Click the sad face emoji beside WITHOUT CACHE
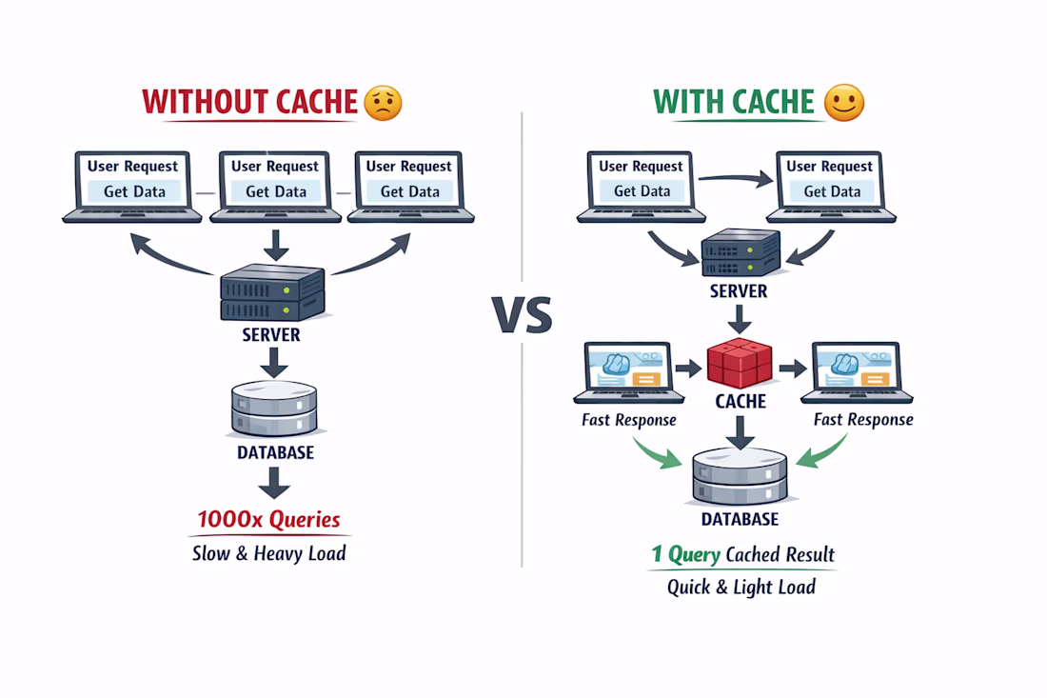tap(384, 102)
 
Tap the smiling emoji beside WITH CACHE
tap(844, 103)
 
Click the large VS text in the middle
tap(522, 314)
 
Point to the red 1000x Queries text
tap(268, 520)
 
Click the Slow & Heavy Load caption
tap(268, 552)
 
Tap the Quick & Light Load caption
tap(741, 587)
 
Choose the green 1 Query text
tap(685, 554)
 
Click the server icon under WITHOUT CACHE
tap(273, 292)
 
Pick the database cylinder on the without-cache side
tap(274, 410)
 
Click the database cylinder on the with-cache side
tap(740, 476)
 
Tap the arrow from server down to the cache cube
tap(740, 321)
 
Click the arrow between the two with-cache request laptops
tap(737, 177)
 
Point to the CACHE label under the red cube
tap(741, 402)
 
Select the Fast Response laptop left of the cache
tap(628, 373)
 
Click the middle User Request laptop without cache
tap(275, 186)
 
